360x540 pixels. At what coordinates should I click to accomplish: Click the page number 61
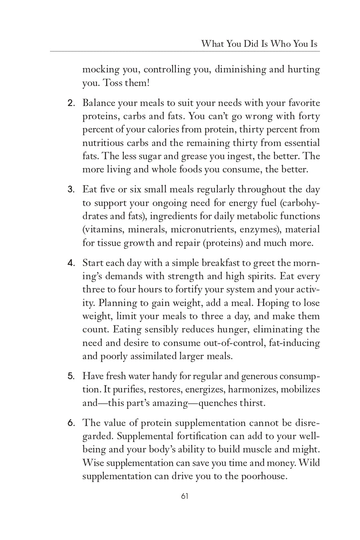[x=184, y=496]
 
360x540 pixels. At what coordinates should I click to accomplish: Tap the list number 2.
[x=71, y=103]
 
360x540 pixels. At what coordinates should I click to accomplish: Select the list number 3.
[x=71, y=190]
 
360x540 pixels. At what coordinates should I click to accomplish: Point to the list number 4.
[x=71, y=263]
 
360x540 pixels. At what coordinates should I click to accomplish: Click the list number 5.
[x=71, y=376]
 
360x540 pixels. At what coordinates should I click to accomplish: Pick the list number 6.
[x=71, y=423]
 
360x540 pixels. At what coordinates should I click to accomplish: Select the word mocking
[x=101, y=70]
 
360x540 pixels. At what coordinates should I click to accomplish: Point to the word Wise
[x=93, y=463]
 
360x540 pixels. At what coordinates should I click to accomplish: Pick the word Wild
[x=309, y=463]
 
